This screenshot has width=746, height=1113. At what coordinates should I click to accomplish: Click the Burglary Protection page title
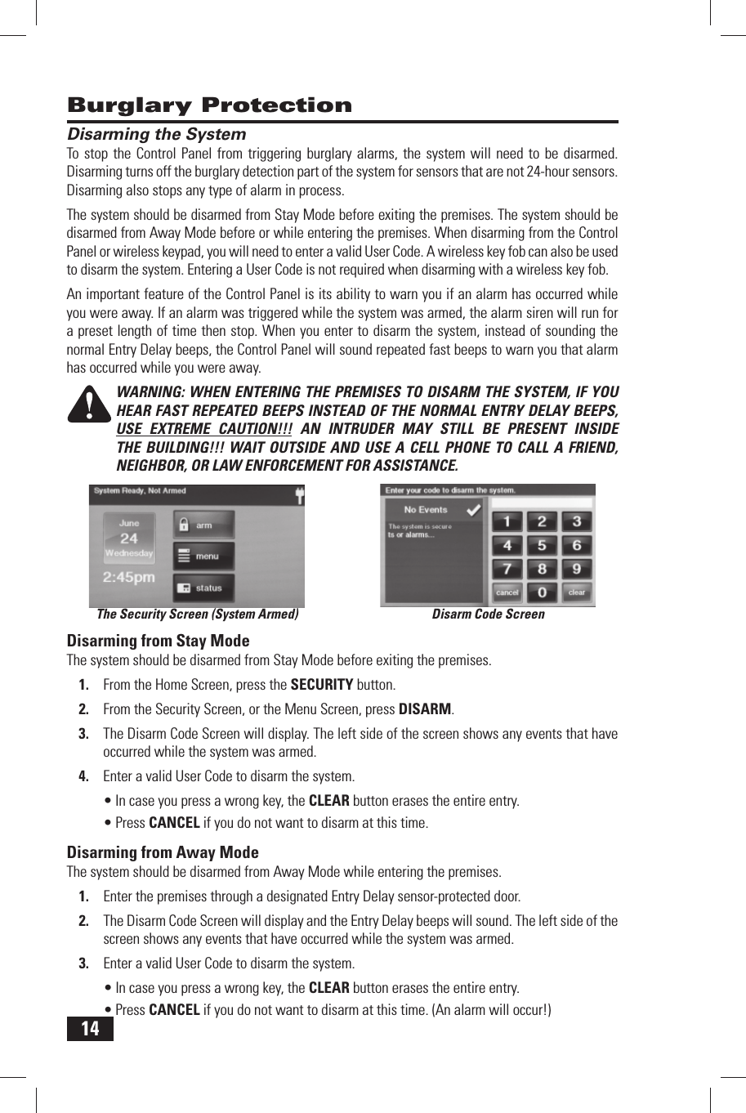[x=209, y=105]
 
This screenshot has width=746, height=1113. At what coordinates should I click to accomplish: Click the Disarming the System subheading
[x=156, y=134]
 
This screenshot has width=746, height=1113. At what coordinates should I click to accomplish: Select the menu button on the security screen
[x=203, y=556]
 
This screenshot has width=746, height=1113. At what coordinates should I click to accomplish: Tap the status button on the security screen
[x=203, y=588]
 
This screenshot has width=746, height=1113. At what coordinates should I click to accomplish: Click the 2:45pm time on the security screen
[x=129, y=577]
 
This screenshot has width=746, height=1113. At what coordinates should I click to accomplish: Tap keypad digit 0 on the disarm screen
[x=541, y=592]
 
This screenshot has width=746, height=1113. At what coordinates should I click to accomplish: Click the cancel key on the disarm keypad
[x=507, y=592]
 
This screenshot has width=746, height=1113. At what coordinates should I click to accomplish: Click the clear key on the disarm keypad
[x=577, y=592]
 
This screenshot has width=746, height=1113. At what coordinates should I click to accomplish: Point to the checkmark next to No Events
[x=472, y=510]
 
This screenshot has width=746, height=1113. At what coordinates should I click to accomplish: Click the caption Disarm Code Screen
[x=488, y=615]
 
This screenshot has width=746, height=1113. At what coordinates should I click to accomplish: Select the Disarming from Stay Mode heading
[x=158, y=641]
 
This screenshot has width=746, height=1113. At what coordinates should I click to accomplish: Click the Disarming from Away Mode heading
[x=162, y=852]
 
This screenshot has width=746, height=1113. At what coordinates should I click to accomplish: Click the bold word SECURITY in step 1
[x=322, y=685]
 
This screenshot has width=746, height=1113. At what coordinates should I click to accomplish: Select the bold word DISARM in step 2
[x=424, y=709]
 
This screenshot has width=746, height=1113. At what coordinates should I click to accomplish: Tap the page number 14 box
[x=90, y=1028]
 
